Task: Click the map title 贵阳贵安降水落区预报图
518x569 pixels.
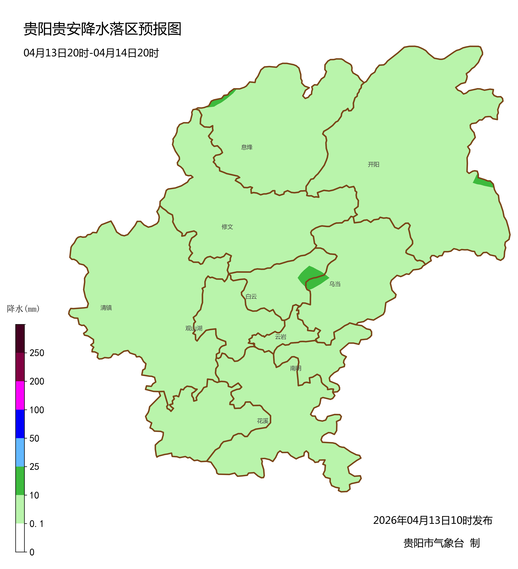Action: coord(102,29)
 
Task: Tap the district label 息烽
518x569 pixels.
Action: coord(247,147)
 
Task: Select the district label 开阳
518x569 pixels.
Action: coord(373,164)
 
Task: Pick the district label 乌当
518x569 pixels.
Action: coord(335,284)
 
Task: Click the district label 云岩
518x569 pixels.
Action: coord(281,337)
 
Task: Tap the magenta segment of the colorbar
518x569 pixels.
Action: coord(20,395)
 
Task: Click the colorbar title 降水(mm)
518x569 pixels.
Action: coord(23,309)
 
